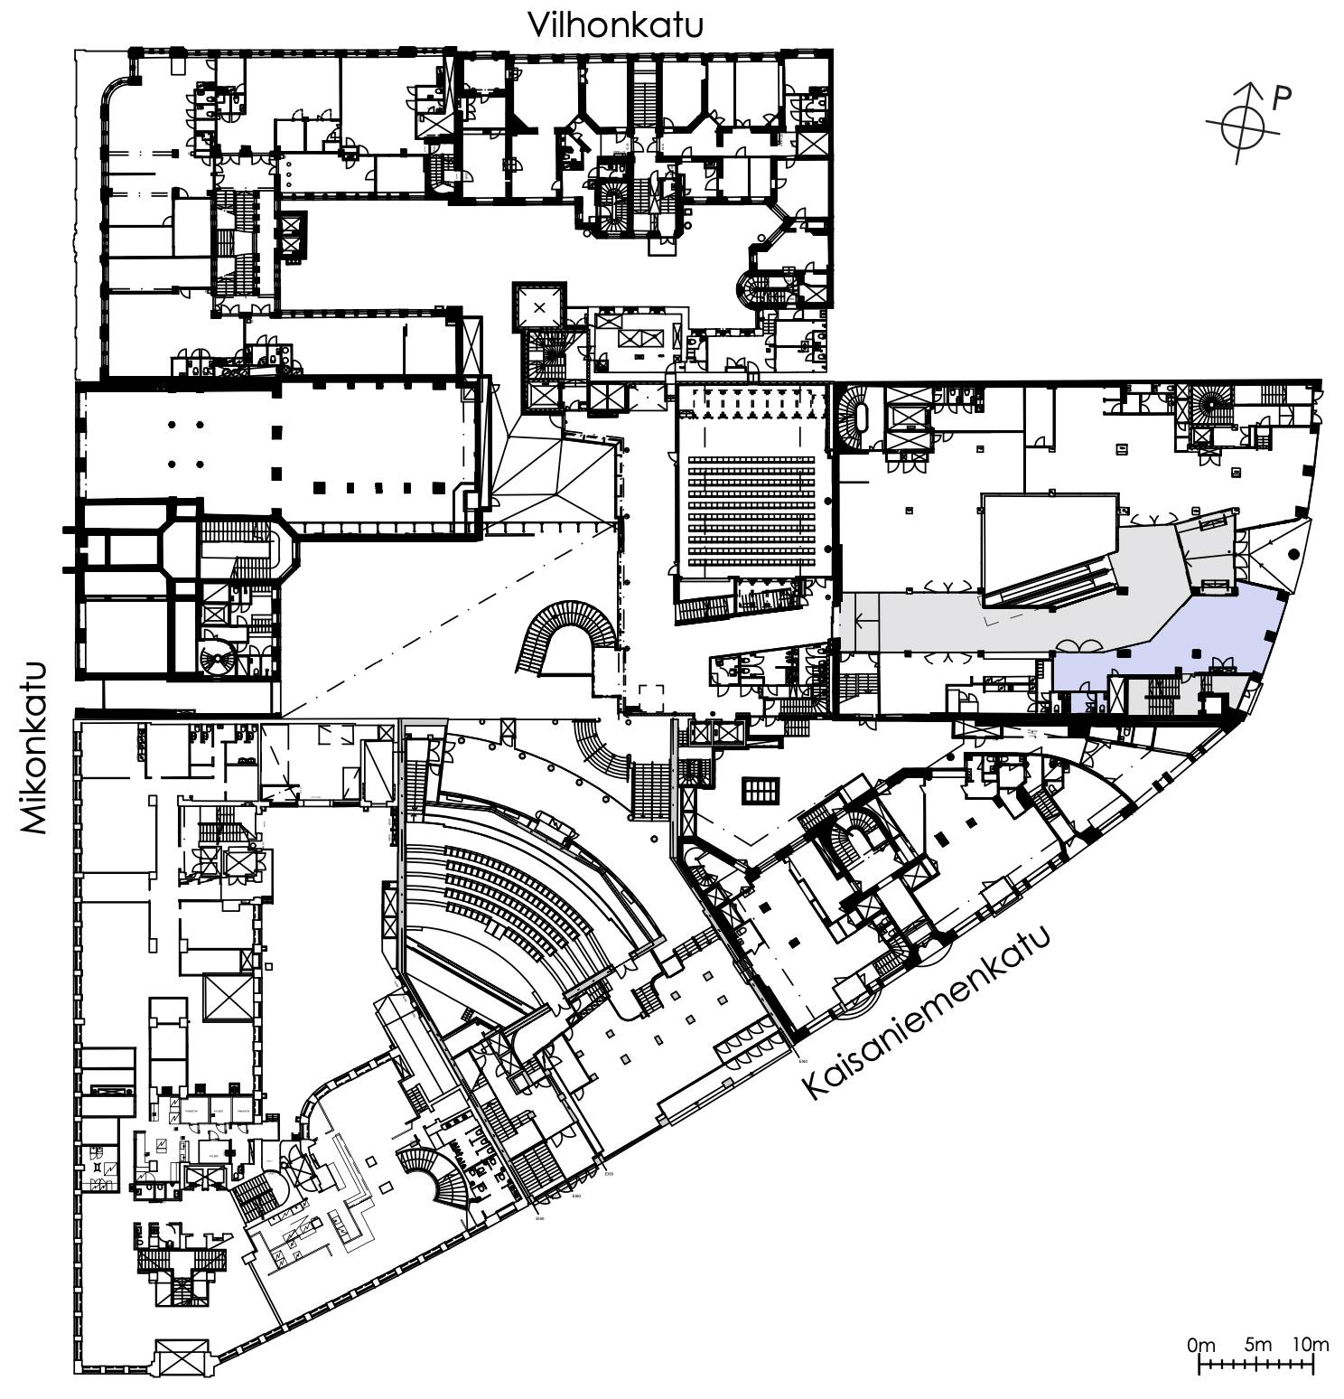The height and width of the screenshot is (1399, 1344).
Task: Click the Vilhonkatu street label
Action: [615, 25]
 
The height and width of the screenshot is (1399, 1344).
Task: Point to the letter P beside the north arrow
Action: [1281, 98]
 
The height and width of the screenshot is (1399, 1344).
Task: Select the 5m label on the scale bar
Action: [1256, 1344]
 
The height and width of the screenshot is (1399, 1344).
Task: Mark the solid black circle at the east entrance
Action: [1293, 554]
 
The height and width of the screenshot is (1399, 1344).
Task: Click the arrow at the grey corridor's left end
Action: [858, 621]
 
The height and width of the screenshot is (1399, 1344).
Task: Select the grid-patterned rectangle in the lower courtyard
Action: [761, 791]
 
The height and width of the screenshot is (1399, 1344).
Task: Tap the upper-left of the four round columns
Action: [172, 425]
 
